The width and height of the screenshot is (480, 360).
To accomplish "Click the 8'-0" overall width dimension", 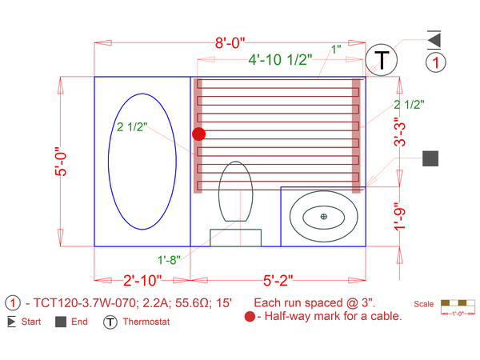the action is tap(230, 43).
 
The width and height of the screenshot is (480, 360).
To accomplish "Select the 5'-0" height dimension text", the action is tap(61, 162).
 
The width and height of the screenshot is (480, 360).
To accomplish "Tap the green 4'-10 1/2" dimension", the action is tap(280, 59).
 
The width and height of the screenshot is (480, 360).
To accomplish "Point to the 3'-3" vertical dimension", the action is tap(400, 132).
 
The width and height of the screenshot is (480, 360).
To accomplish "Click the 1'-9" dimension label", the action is tap(400, 217).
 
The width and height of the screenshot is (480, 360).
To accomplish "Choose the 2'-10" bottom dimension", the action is tap(142, 280).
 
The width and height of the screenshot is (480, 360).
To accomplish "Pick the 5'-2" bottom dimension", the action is tap(278, 280).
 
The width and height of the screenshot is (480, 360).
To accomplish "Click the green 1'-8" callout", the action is tap(169, 260).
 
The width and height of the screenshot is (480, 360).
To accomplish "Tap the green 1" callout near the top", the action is tap(336, 49).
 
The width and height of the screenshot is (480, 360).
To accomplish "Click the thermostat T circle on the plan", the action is tap(381, 60).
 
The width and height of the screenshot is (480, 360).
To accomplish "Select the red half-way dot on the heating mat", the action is tap(198, 134).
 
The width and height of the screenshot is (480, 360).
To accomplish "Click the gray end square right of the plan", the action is tap(430, 158).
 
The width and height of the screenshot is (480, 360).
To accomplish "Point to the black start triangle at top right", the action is tap(434, 40).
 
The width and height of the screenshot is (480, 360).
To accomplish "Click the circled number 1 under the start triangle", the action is tap(436, 62).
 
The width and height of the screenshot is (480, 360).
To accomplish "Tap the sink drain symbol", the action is tap(323, 217).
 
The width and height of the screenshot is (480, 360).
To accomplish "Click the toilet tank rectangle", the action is tap(236, 238).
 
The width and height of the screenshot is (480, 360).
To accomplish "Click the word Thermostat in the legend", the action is tap(146, 322).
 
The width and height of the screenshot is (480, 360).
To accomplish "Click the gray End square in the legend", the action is tap(61, 322).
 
